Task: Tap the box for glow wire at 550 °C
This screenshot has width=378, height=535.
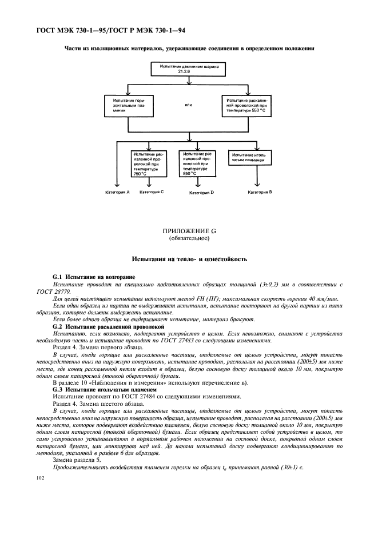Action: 246,106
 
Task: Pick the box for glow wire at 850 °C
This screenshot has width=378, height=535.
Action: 197,163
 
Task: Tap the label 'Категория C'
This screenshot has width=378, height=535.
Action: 152,192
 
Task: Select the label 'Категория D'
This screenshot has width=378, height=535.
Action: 201,193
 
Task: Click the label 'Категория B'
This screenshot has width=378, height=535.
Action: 260,193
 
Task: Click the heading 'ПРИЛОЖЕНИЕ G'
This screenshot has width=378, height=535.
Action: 189,231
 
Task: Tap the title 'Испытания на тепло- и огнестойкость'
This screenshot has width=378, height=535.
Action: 189,259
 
